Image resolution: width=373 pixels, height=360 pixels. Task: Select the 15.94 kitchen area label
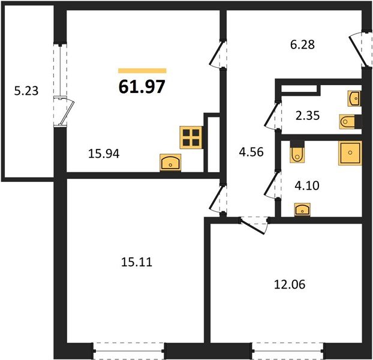point(103,154)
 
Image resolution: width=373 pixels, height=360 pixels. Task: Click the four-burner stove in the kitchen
point(190,137)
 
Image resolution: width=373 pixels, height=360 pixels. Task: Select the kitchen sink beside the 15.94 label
point(171,163)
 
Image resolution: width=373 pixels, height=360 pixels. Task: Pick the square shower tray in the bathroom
point(349,153)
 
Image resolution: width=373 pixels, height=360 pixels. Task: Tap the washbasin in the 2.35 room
point(354,97)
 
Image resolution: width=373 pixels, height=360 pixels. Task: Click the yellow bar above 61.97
point(142,71)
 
